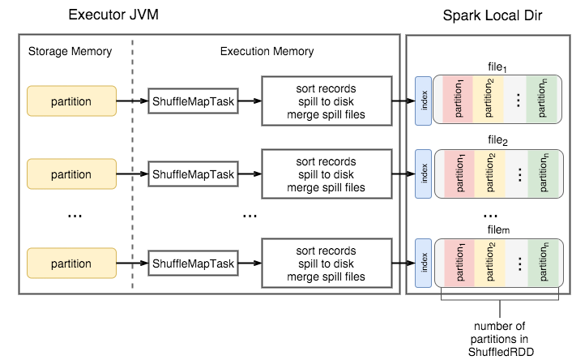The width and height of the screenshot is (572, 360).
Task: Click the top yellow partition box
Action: click(71, 101)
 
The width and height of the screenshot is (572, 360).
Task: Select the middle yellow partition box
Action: click(71, 174)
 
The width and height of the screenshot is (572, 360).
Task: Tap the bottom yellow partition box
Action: click(71, 264)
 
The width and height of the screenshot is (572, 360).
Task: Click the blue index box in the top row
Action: click(423, 101)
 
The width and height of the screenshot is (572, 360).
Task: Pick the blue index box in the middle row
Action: click(423, 173)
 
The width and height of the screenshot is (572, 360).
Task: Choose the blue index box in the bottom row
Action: click(423, 263)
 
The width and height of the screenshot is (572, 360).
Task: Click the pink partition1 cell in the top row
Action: click(459, 101)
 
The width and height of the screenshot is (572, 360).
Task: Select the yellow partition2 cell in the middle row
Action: click(489, 174)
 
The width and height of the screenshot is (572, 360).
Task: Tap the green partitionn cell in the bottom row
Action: click(544, 263)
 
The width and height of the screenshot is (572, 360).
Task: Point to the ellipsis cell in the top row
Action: click(517, 101)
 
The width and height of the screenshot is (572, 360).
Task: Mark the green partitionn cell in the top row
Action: click(544, 101)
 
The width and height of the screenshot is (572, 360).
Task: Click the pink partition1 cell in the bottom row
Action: click(459, 263)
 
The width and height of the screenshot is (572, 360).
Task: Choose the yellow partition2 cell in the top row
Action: click(489, 101)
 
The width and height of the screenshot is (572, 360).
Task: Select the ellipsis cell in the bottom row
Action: click(517, 263)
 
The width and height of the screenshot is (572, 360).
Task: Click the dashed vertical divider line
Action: click(133, 162)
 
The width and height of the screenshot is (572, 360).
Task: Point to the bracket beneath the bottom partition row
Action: click(500, 301)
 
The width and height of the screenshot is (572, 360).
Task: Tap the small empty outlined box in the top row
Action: click(193, 101)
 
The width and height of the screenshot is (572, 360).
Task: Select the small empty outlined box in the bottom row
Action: click(193, 263)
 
